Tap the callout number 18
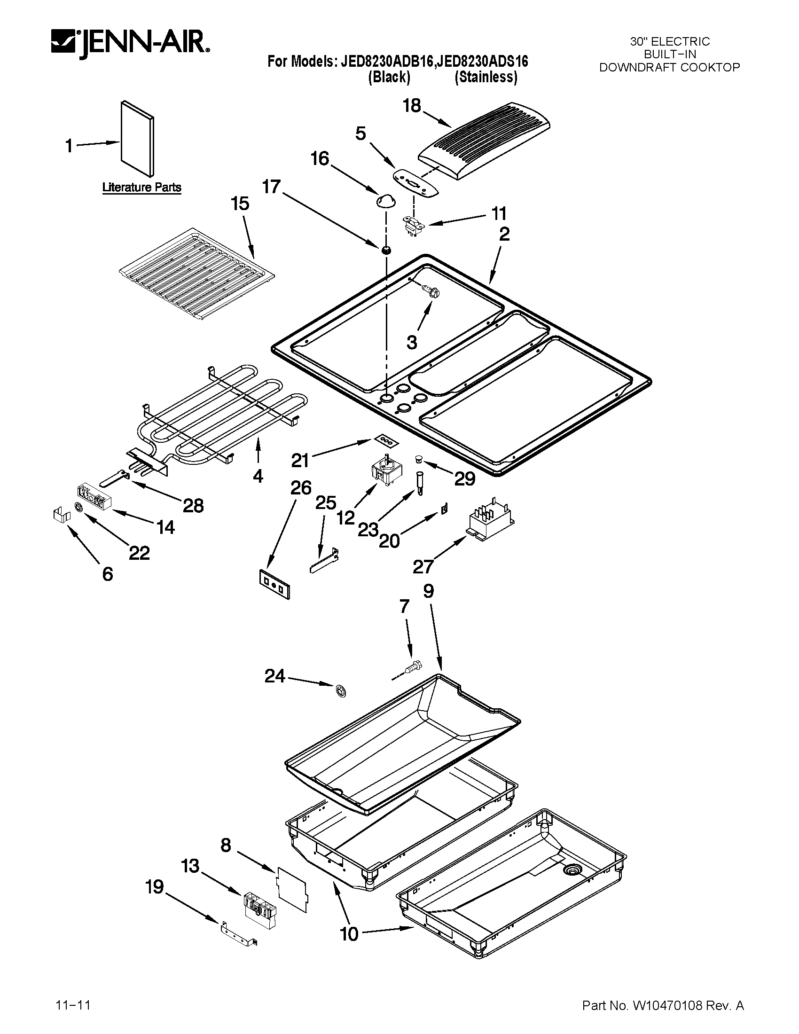tap(411, 106)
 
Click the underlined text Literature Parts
tap(141, 188)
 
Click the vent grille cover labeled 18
tap(485, 141)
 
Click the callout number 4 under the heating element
tap(258, 476)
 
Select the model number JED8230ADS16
tap(481, 62)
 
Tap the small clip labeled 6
tap(61, 514)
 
